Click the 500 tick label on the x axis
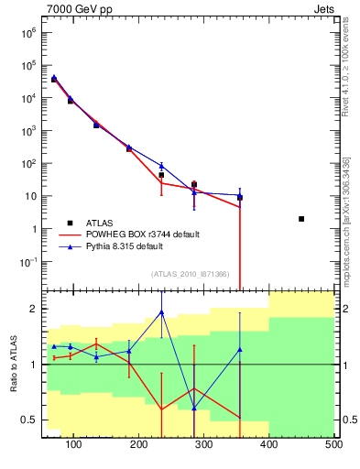(333, 445)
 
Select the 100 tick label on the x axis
(74, 445)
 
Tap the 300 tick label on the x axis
(203, 445)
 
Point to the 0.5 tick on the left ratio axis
(29, 420)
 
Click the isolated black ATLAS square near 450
(301, 219)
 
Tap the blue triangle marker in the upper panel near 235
(161, 167)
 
